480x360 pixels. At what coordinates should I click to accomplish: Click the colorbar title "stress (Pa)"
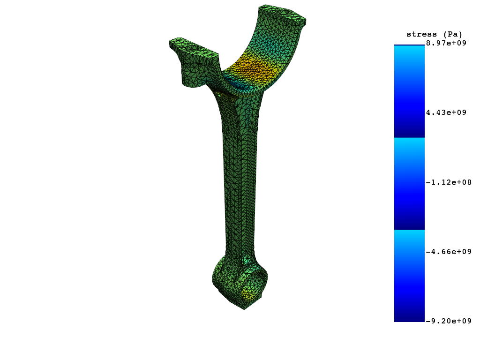[434, 34]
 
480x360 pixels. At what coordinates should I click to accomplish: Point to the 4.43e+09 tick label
[446, 112]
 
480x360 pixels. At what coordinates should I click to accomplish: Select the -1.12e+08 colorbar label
[448, 182]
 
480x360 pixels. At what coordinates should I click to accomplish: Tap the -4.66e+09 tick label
[448, 252]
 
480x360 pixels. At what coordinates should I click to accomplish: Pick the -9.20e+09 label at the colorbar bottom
[448, 321]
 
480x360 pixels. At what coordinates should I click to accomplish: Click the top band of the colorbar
[409, 91]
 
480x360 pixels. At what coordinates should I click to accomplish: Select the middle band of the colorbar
[409, 184]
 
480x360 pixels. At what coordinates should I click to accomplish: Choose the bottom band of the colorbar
[409, 276]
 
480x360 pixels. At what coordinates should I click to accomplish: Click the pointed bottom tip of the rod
[244, 308]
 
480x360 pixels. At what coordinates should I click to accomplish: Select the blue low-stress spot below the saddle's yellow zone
[239, 84]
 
